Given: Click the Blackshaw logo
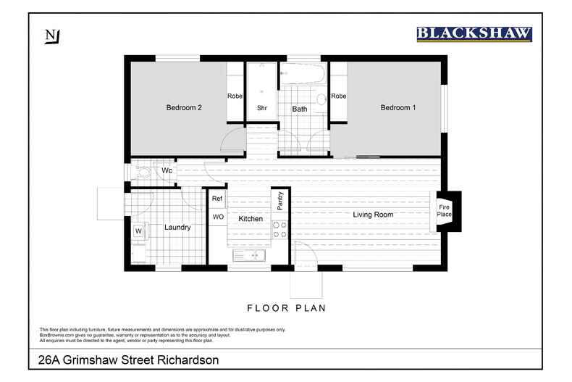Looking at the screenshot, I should [474, 33].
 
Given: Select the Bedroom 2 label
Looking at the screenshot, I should [184, 108].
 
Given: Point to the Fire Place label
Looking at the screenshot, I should [444, 211].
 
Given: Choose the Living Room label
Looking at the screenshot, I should [373, 215].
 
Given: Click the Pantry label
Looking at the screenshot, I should [279, 200].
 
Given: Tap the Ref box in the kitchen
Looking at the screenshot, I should [217, 198].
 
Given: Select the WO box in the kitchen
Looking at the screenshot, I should [217, 217].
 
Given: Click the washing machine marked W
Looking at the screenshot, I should [138, 231].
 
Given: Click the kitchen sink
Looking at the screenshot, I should [250, 256].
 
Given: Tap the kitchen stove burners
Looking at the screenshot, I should [279, 230].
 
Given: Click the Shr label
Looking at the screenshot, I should [262, 109].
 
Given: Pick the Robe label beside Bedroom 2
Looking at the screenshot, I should [235, 96].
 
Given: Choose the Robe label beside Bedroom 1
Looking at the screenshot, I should [338, 96].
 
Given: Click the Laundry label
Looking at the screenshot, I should [177, 228].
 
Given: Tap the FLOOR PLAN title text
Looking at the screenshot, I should [287, 308].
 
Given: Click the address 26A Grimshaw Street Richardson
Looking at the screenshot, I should [128, 360].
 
